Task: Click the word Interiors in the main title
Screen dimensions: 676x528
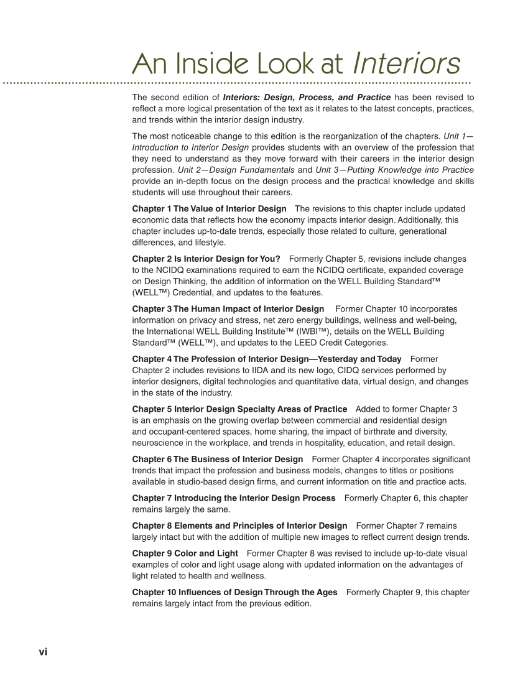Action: coord(406,63)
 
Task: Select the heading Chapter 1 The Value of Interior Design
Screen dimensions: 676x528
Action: coord(209,208)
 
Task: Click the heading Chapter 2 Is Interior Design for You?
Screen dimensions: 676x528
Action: coord(206,258)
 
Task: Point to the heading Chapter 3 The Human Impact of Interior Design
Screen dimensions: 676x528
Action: coord(228,308)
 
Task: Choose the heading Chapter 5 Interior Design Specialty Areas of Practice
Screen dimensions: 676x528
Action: coord(239,409)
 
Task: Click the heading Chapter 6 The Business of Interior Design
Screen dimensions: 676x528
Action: coord(217,459)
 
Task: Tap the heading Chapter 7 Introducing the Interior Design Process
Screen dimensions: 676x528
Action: coord(233,498)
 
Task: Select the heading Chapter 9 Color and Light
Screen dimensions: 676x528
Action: coord(185,553)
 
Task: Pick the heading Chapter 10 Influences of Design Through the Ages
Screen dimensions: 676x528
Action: coord(234,592)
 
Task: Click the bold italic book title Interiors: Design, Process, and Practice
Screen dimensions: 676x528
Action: coord(307,97)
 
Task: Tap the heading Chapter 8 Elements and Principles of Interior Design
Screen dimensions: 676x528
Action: coord(239,526)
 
